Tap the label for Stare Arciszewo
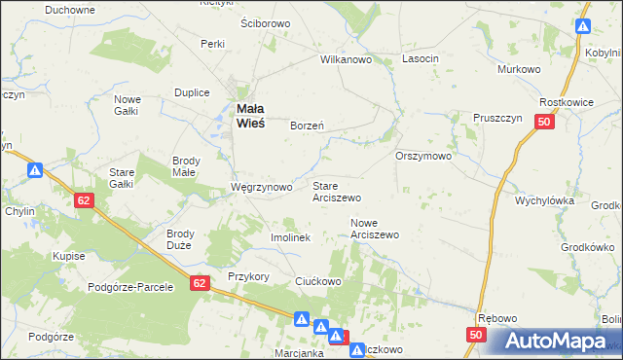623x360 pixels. coord(337,190)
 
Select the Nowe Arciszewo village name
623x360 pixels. coord(375,229)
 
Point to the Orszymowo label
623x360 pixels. coord(423,156)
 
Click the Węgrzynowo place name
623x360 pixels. coord(261,187)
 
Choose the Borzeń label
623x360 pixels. coord(308,126)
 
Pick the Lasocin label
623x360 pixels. coord(421,59)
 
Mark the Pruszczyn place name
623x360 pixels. coord(499,117)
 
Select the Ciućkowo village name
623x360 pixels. coord(317,281)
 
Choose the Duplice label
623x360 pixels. coord(192,92)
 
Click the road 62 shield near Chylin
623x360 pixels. coord(86,198)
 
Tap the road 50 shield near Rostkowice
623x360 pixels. coord(544,122)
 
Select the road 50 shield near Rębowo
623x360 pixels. coord(475,335)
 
